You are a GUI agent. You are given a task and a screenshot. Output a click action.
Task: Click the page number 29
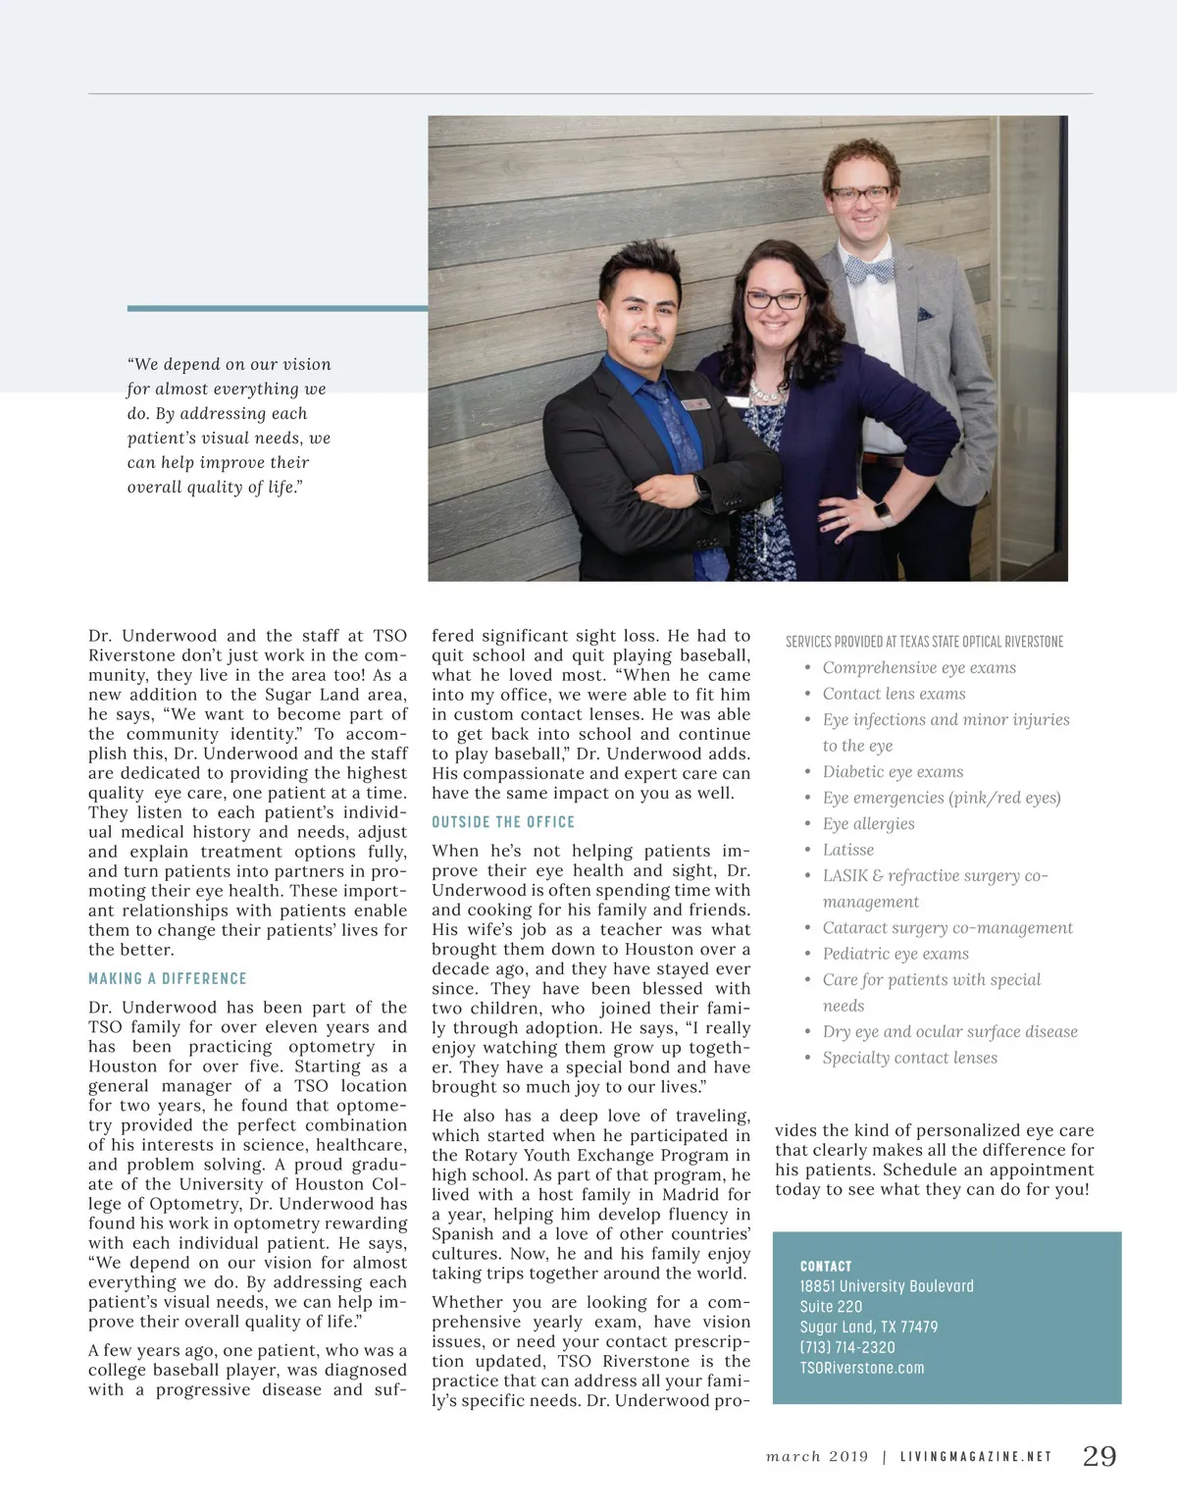click(x=1099, y=1456)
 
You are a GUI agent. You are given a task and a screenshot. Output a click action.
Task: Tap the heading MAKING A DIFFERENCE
click(x=168, y=978)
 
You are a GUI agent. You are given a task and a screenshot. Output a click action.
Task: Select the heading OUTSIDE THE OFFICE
click(x=503, y=822)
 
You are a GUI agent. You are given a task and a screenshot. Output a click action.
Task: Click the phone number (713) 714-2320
click(x=847, y=1347)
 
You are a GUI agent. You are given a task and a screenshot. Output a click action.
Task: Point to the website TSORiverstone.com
click(x=861, y=1368)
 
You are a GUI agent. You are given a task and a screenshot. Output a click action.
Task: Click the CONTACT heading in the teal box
click(x=826, y=1266)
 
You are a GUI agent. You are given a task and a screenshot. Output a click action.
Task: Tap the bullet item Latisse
click(x=847, y=850)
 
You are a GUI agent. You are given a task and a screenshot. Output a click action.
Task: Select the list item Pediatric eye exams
click(x=895, y=954)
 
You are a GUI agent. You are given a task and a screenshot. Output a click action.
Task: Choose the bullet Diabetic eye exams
click(x=893, y=771)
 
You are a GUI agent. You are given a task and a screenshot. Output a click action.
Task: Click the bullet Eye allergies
click(x=868, y=823)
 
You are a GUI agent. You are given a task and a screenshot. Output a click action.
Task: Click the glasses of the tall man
click(x=859, y=195)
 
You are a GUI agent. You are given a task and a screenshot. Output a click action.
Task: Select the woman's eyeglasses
click(x=776, y=299)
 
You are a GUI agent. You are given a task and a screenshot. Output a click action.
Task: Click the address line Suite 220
click(x=831, y=1306)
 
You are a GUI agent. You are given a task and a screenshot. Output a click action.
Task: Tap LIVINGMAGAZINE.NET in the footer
click(x=975, y=1457)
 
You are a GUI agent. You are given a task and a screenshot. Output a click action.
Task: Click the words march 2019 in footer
click(x=817, y=1457)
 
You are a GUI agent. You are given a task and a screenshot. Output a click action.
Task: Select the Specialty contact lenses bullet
click(x=909, y=1058)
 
